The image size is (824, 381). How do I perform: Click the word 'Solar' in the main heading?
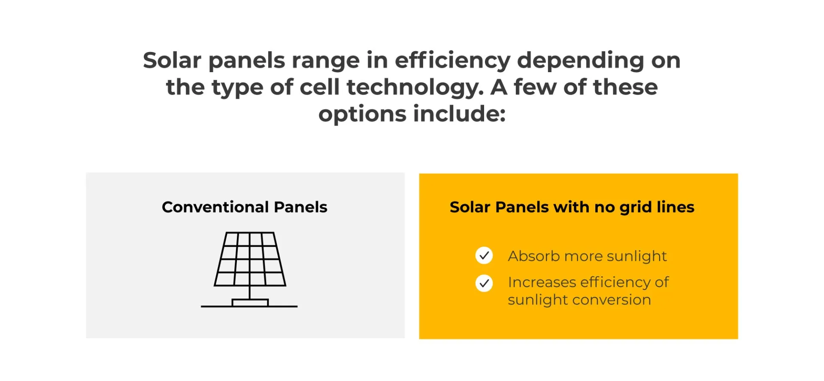[x=172, y=60]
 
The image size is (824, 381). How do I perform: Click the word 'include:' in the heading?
[x=459, y=114]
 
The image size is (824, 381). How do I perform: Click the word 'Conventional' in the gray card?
[x=215, y=207]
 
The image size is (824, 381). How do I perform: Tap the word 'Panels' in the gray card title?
[x=300, y=207]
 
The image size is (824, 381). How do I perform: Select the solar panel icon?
[x=249, y=269]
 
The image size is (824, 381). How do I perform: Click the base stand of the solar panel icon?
[x=250, y=303]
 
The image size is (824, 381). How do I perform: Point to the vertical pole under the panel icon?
[x=250, y=293]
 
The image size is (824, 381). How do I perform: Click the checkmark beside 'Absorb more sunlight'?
[x=484, y=256]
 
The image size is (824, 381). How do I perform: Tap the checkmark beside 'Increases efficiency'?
[x=484, y=283]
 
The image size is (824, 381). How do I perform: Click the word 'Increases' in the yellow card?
[x=542, y=282]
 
